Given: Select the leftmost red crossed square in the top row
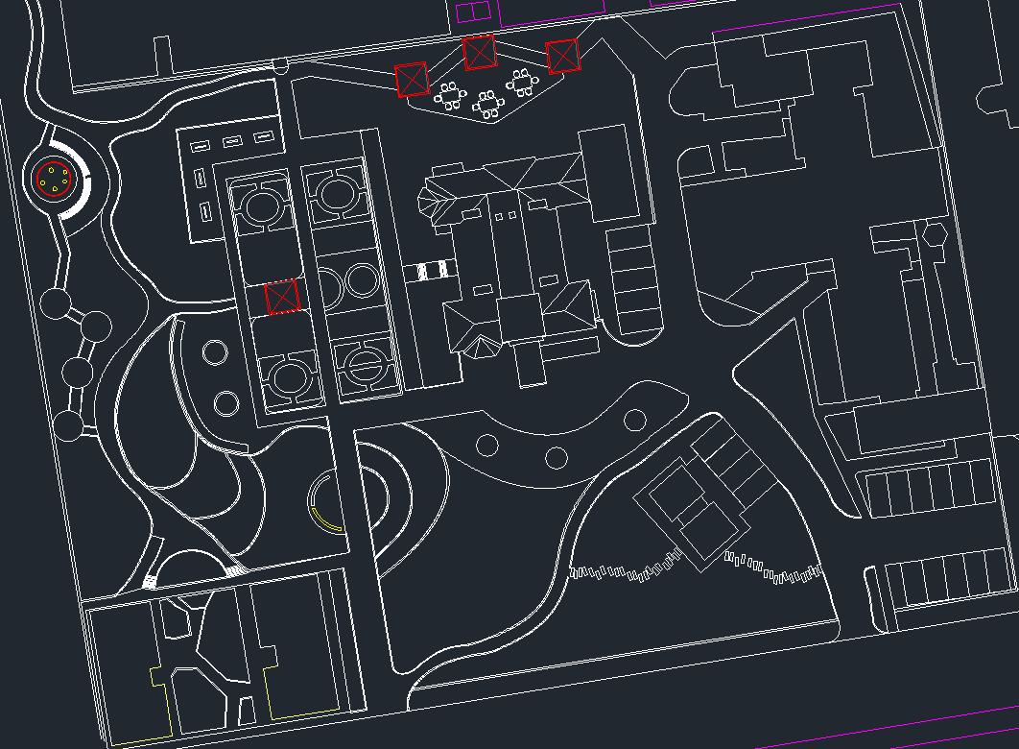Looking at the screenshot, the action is [411, 80].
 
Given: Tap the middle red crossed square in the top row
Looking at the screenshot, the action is [479, 52].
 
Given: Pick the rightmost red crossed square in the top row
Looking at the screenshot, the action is [563, 57].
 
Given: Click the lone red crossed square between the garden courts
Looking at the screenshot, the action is [282, 298].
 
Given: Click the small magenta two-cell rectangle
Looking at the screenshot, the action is [472, 11].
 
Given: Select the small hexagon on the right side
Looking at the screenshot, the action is [934, 233].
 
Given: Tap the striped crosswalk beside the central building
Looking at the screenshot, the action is [435, 271].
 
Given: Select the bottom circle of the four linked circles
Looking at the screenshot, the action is [68, 425].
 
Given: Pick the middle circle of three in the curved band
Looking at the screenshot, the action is [557, 457].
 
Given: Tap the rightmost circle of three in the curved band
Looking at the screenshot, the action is [635, 420].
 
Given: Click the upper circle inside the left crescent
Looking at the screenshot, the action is [215, 352].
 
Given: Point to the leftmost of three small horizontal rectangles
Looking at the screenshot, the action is [201, 146].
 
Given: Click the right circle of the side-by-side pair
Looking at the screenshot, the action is [362, 281].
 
